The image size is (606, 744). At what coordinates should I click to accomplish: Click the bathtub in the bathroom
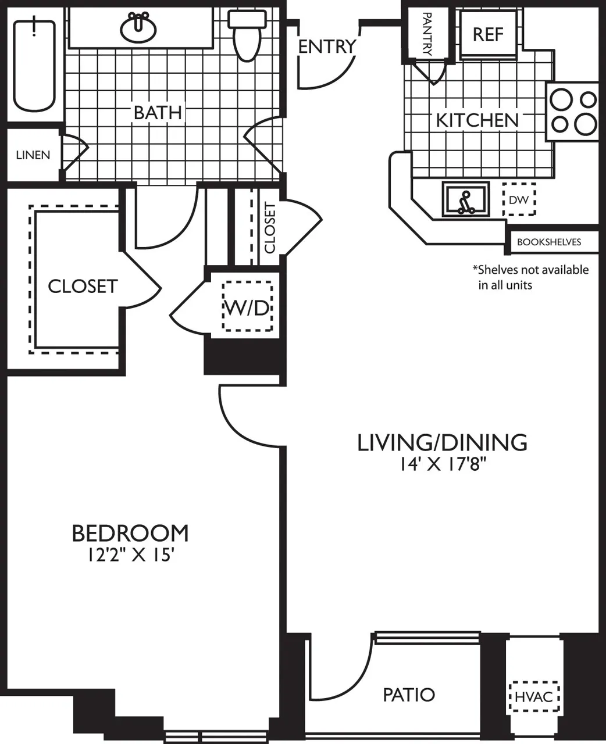[x=34, y=65]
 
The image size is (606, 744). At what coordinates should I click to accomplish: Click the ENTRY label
[x=326, y=46]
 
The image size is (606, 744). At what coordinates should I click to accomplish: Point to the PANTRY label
[x=427, y=34]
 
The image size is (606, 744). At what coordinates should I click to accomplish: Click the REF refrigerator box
[x=488, y=34]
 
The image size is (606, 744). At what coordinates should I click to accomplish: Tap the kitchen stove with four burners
[x=573, y=112]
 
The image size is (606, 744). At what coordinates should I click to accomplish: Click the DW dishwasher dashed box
[x=518, y=200]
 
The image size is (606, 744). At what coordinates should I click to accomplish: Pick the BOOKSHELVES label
[x=549, y=242]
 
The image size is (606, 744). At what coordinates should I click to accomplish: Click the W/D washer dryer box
[x=247, y=307]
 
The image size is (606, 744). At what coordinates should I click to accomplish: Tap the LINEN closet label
[x=33, y=155]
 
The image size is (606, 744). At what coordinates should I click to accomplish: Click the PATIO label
[x=409, y=695]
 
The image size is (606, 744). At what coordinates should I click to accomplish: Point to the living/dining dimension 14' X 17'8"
[x=442, y=464]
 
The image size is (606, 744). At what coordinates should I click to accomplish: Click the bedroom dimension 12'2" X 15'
[x=131, y=555]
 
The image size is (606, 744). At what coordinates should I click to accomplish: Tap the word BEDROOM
[x=130, y=532]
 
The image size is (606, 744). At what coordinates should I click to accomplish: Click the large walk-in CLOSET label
[x=83, y=286]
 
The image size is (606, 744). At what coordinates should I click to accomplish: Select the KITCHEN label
[x=477, y=120]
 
